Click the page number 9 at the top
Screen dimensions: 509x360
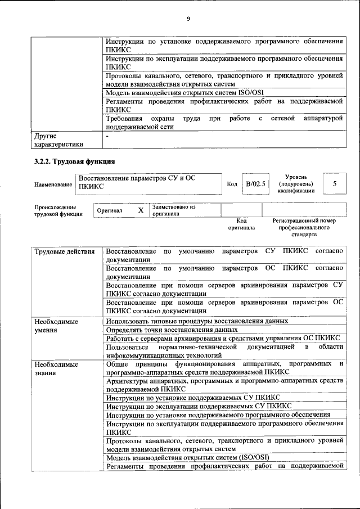(x=188, y=19)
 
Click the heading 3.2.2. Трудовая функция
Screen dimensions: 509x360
(x=75, y=163)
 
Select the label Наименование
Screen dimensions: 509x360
(x=53, y=184)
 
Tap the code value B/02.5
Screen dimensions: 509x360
(x=255, y=184)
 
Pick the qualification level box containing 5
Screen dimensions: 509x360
(x=335, y=184)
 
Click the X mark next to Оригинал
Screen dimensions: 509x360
(x=141, y=210)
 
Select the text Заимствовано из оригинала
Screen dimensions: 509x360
(x=174, y=210)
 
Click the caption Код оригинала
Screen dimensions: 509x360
(x=241, y=224)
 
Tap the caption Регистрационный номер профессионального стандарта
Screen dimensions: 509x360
(x=304, y=228)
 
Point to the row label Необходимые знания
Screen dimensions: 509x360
(x=56, y=368)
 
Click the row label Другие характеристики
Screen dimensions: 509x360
(x=58, y=140)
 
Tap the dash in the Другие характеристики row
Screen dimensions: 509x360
(x=107, y=136)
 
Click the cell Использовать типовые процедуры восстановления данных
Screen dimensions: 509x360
(x=197, y=321)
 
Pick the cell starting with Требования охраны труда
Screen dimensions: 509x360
(x=224, y=123)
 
